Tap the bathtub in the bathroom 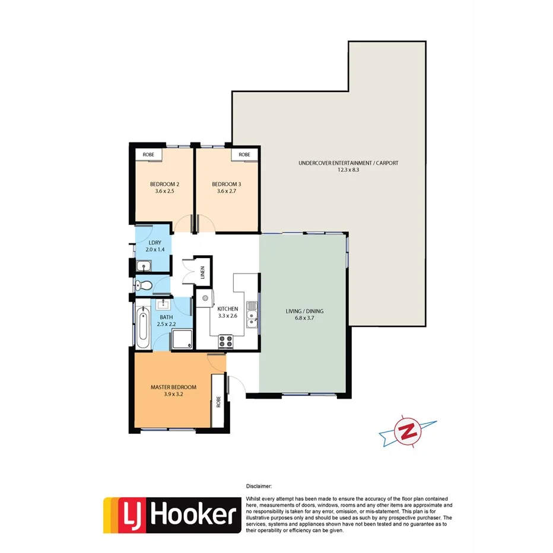pyautogui.click(x=143, y=328)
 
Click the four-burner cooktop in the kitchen pyautogui.click(x=226, y=341)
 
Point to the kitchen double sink pyautogui.click(x=252, y=314)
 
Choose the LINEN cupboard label pyautogui.click(x=202, y=273)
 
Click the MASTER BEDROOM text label pyautogui.click(x=173, y=387)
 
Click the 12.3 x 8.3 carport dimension pyautogui.click(x=348, y=170)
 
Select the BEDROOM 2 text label pyautogui.click(x=166, y=184)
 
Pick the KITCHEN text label pyautogui.click(x=227, y=309)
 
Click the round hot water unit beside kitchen pyautogui.click(x=205, y=298)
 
